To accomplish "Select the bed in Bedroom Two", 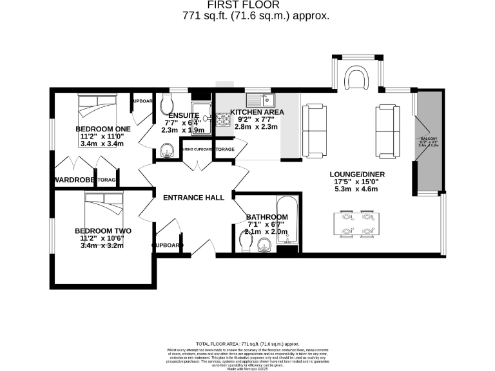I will tap(103, 204).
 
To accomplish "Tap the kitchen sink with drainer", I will tap(264, 100).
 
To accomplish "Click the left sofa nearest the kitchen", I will tap(315, 131).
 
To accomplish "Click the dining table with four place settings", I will tap(356, 223).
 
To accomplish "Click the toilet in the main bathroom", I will tap(245, 243).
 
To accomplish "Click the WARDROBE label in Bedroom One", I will tap(74, 180).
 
